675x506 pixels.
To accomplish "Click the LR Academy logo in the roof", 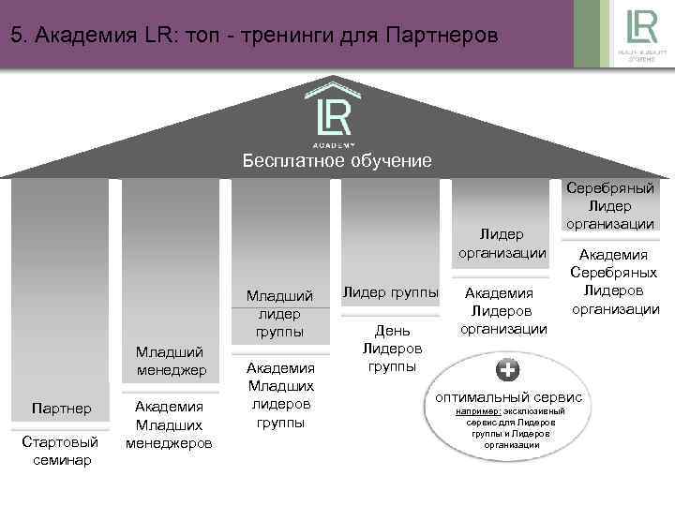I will coord(335,117).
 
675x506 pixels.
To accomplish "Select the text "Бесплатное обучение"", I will coord(337,161).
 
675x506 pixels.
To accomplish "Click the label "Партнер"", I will coord(61,409).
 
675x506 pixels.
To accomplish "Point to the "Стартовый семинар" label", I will coord(61,451).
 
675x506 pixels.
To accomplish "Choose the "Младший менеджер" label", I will coord(171,361).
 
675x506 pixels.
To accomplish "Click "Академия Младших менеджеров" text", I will coord(171,424).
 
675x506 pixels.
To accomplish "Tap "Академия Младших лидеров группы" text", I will coord(280,394).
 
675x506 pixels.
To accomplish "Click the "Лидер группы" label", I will coord(390,293).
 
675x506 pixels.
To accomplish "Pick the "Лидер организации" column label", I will coord(501,242).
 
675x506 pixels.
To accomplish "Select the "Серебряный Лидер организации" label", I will coord(610,205).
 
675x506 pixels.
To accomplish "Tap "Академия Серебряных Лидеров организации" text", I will coord(615,281).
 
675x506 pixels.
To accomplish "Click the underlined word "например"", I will coord(477,411).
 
